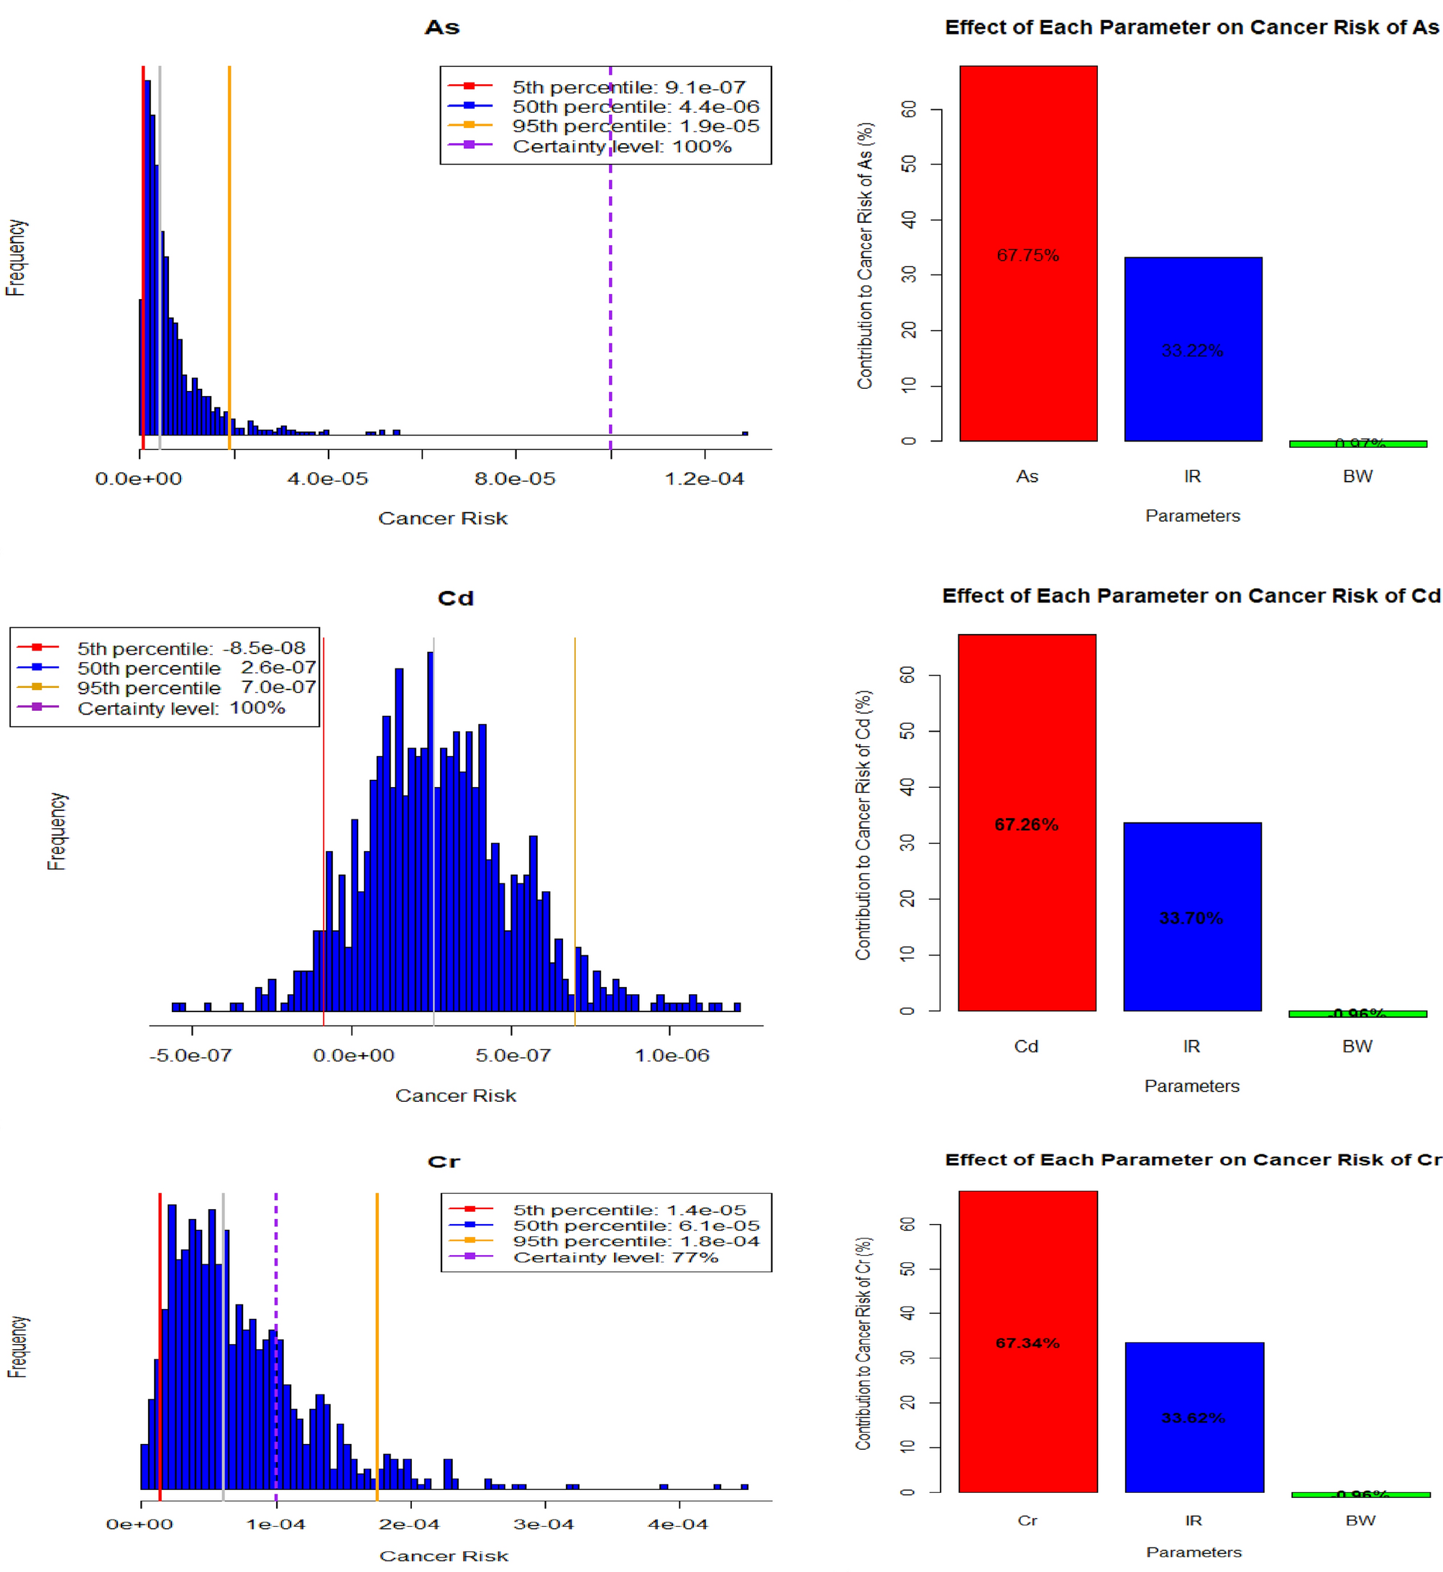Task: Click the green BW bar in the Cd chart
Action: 1357,1014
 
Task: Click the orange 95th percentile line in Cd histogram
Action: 574,781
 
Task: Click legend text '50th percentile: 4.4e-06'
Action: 635,106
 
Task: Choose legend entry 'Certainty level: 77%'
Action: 615,1257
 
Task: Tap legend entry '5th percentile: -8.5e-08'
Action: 191,648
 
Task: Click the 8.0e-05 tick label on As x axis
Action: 515,479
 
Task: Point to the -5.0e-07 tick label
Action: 191,1055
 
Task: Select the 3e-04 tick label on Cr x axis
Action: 544,1524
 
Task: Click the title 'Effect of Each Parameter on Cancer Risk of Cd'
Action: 1190,596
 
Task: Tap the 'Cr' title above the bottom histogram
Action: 444,1162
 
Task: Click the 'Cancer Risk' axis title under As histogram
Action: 443,518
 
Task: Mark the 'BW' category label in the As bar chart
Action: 1357,476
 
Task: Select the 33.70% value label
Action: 1191,918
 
